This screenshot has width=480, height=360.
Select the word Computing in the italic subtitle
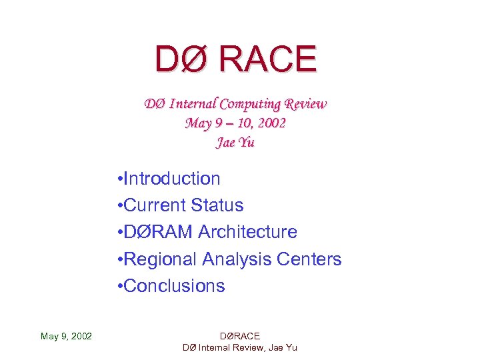(250, 104)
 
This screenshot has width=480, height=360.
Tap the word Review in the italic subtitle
(305, 104)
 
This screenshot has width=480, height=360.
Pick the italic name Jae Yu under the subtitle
(235, 143)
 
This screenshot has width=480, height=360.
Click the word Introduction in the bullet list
(172, 179)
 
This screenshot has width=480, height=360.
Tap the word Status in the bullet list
(217, 205)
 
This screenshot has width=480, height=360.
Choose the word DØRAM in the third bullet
(157, 232)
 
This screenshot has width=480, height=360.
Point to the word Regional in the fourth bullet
(160, 259)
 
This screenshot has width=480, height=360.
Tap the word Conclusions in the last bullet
(175, 285)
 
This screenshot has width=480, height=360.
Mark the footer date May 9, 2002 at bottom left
(66, 336)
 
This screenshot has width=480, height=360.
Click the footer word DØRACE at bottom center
(239, 336)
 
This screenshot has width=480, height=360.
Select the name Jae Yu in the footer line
(285, 347)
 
